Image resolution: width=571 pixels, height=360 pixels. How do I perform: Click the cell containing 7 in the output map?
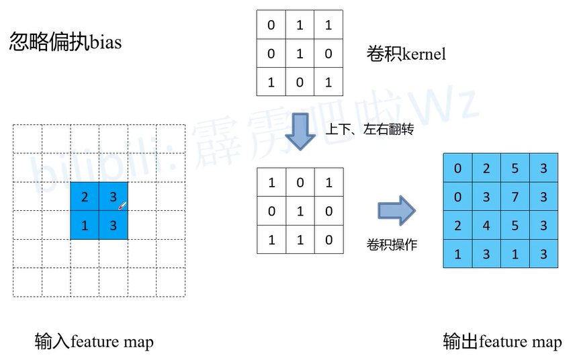(x=515, y=197)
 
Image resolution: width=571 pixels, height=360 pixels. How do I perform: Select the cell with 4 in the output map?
(x=486, y=226)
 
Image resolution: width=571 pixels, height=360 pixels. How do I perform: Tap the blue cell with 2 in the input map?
(x=85, y=197)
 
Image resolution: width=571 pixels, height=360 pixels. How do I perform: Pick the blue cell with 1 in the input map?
(x=85, y=226)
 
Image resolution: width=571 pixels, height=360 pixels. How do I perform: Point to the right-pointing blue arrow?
(x=396, y=211)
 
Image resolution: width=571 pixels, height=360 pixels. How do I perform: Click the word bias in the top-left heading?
(x=105, y=42)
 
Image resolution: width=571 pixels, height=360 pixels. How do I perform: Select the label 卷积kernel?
(x=406, y=54)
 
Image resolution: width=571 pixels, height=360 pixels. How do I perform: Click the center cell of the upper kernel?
(x=300, y=54)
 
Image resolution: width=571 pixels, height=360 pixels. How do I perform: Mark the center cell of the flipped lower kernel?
(x=300, y=211)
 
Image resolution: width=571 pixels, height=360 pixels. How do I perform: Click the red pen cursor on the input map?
(x=122, y=205)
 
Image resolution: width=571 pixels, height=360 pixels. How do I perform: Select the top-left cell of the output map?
(x=458, y=168)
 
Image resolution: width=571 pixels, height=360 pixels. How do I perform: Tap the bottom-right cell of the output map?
(x=543, y=254)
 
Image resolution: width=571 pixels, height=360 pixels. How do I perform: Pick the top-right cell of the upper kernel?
(x=328, y=26)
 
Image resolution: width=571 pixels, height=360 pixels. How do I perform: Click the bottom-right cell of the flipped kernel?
(x=328, y=239)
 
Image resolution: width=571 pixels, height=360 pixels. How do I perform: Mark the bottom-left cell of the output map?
(x=458, y=254)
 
